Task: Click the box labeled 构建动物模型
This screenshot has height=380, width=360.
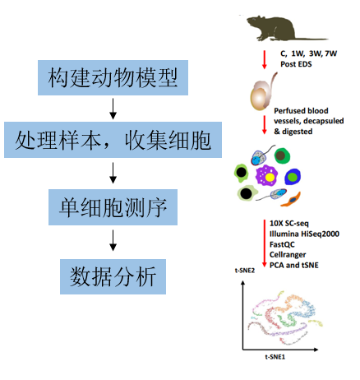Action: (x=113, y=77)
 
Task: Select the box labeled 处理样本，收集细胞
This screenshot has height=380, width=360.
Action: (x=113, y=140)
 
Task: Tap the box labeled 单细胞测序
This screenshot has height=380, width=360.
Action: (x=113, y=207)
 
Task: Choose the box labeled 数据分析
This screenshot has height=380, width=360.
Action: (x=113, y=276)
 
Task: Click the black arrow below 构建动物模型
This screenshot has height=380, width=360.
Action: (x=113, y=109)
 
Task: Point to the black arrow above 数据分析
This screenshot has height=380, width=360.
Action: (x=113, y=240)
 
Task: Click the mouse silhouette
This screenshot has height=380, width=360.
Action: (x=285, y=28)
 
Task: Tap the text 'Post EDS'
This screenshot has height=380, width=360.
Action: (x=296, y=64)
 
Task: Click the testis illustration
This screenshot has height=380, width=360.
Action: (x=262, y=93)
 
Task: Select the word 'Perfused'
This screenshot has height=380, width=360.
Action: (x=288, y=111)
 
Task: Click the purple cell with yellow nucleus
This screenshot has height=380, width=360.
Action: (x=266, y=175)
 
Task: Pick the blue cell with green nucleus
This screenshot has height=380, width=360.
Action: (x=293, y=177)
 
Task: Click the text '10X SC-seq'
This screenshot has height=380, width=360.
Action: (x=289, y=224)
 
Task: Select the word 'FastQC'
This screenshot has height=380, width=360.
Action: (x=282, y=244)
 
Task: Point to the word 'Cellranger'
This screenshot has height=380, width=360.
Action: (x=288, y=255)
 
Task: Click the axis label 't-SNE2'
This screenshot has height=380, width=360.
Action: (x=245, y=271)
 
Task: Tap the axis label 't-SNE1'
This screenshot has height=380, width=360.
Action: (x=275, y=357)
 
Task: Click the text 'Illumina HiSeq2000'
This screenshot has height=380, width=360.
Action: (x=304, y=234)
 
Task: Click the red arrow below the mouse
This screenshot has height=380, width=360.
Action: (x=265, y=59)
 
